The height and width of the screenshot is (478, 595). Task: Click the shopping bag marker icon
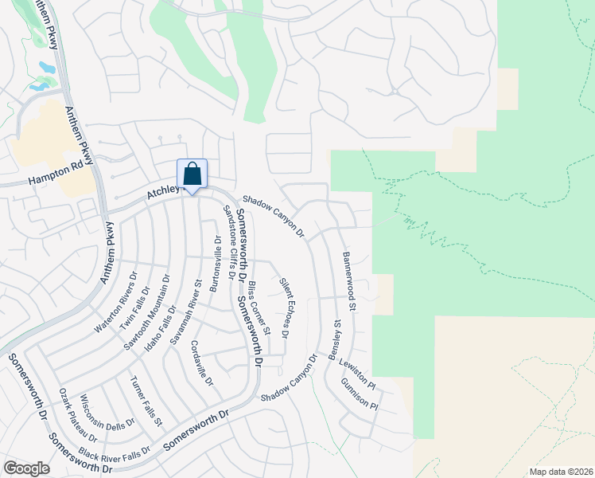(192, 174)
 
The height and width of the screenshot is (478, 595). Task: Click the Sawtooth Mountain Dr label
(147, 313)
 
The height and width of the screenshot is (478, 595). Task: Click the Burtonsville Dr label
(214, 264)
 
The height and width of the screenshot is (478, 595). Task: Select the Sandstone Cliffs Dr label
(229, 241)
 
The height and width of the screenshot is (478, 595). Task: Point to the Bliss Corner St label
(260, 306)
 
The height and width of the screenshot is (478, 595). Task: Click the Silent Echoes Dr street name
(284, 306)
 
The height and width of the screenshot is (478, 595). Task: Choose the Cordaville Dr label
(201, 363)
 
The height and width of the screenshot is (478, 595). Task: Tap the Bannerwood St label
(349, 281)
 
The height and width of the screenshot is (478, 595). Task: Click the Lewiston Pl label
(357, 370)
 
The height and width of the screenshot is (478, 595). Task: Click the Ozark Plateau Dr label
(78, 415)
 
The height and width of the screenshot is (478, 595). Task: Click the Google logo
(27, 468)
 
